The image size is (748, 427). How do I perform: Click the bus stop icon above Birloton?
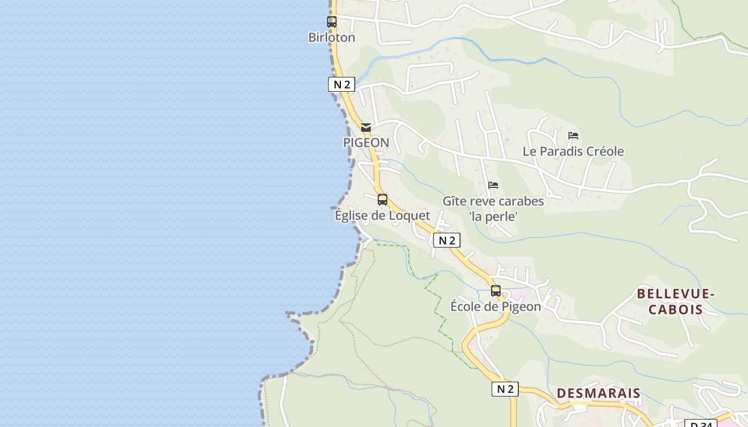[x=332, y=22]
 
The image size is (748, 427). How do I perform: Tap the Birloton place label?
[x=332, y=37]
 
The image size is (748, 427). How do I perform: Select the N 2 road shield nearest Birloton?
[x=341, y=84]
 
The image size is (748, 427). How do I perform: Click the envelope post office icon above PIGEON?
[x=366, y=128]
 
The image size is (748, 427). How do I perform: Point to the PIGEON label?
[x=366, y=143]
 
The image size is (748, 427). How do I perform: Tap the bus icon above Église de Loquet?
[x=383, y=200]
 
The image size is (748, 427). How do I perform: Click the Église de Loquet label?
[x=383, y=216]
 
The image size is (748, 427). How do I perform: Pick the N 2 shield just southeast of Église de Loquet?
[x=446, y=241]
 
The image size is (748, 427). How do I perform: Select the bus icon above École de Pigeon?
[x=496, y=291]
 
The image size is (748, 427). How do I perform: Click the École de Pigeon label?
[x=496, y=307]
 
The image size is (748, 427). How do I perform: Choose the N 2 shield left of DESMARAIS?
[x=505, y=389]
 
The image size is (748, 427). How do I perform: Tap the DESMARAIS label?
[x=598, y=393]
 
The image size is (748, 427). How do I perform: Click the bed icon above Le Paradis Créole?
[x=573, y=136]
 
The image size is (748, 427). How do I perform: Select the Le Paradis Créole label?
[x=573, y=152]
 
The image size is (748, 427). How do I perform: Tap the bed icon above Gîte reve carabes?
[x=493, y=185]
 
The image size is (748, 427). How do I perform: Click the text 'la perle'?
[x=493, y=217]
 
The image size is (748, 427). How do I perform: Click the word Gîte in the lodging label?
[x=455, y=201]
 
